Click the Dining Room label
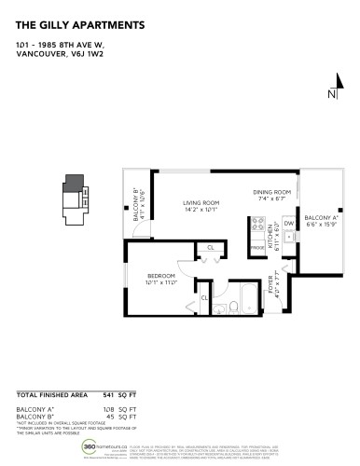pyautogui.click(x=272, y=193)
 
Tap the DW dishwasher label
pyautogui.click(x=289, y=224)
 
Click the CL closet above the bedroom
pyautogui.click(x=210, y=247)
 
